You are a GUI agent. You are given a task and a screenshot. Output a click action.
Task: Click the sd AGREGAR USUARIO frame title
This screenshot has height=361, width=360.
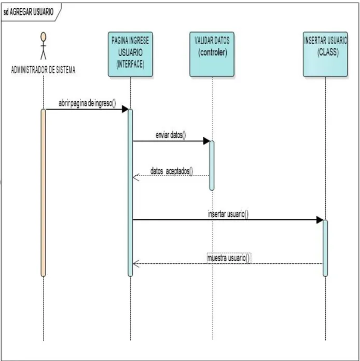pyautogui.click(x=29, y=12)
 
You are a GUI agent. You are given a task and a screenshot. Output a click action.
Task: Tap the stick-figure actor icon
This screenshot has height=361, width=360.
pyautogui.click(x=43, y=46)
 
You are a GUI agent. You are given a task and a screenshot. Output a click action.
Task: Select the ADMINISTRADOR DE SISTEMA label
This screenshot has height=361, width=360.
pyautogui.click(x=43, y=70)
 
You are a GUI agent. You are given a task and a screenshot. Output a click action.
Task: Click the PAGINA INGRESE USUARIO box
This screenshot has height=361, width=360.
pyautogui.click(x=130, y=55)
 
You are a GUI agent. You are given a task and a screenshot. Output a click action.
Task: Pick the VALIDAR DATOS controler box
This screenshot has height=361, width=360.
pyautogui.click(x=212, y=55)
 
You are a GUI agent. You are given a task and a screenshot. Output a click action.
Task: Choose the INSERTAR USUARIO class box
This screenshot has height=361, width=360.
pyautogui.click(x=325, y=55)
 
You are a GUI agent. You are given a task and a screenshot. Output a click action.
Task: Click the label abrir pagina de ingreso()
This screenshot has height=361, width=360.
pyautogui.click(x=87, y=103)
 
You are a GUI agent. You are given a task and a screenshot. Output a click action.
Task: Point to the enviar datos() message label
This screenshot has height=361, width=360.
pyautogui.click(x=171, y=135)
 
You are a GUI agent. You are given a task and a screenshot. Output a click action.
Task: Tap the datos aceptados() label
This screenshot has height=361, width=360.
pyautogui.click(x=172, y=171)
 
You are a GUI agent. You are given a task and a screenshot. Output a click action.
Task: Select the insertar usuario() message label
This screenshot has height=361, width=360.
pyautogui.click(x=228, y=214)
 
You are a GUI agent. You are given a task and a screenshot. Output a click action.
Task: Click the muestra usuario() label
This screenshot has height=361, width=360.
pyautogui.click(x=228, y=258)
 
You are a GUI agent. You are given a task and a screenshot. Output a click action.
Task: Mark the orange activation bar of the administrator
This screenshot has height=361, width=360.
pyautogui.click(x=43, y=193)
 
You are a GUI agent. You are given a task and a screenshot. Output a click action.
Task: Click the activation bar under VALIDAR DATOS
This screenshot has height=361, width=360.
pyautogui.click(x=212, y=166)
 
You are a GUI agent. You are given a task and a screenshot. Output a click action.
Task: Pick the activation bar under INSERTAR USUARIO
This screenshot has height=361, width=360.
pyautogui.click(x=325, y=248)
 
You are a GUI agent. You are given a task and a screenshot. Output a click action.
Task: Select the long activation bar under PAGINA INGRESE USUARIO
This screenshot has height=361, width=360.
pyautogui.click(x=130, y=193)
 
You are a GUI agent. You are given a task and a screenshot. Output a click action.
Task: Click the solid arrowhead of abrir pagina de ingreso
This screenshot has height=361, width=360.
pyautogui.click(x=125, y=109)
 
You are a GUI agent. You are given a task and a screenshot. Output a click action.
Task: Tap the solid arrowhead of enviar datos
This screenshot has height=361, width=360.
pyautogui.click(x=206, y=141)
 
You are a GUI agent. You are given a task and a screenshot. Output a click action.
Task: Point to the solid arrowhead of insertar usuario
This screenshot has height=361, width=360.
pyautogui.click(x=320, y=220)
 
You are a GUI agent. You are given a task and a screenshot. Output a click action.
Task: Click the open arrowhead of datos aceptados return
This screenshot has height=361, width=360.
pyautogui.click(x=136, y=178)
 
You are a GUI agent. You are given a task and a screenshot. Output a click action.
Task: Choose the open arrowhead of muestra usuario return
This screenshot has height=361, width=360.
pyautogui.click(x=136, y=264)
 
